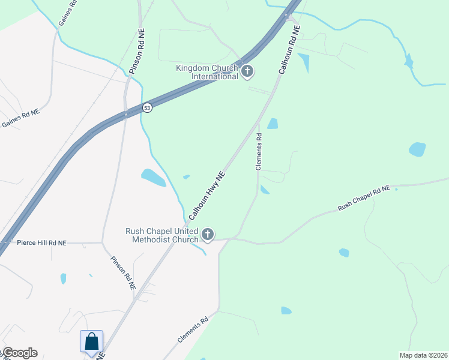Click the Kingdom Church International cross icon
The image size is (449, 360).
pyautogui.click(x=247, y=72)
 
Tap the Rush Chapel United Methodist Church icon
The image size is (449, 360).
pyautogui.click(x=208, y=235)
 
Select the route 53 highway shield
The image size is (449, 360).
pyautogui.click(x=147, y=107)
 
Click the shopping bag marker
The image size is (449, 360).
pyautogui.click(x=92, y=341)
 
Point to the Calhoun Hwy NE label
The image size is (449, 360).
pyautogui.click(x=207, y=196)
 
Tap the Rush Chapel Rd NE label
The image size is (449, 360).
pyautogui.click(x=364, y=197)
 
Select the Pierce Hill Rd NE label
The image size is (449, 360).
pyautogui.click(x=41, y=243)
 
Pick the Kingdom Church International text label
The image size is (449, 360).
pyautogui.click(x=207, y=72)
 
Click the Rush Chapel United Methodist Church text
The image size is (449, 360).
pyautogui.click(x=162, y=235)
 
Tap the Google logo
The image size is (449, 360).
pyautogui.click(x=19, y=353)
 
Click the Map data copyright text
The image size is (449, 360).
pyautogui.click(x=423, y=355)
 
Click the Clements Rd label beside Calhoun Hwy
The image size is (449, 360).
pyautogui.click(x=259, y=152)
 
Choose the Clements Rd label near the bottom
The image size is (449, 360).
pyautogui.click(x=193, y=330)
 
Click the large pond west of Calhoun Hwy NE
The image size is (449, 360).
pyautogui.click(x=154, y=177)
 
